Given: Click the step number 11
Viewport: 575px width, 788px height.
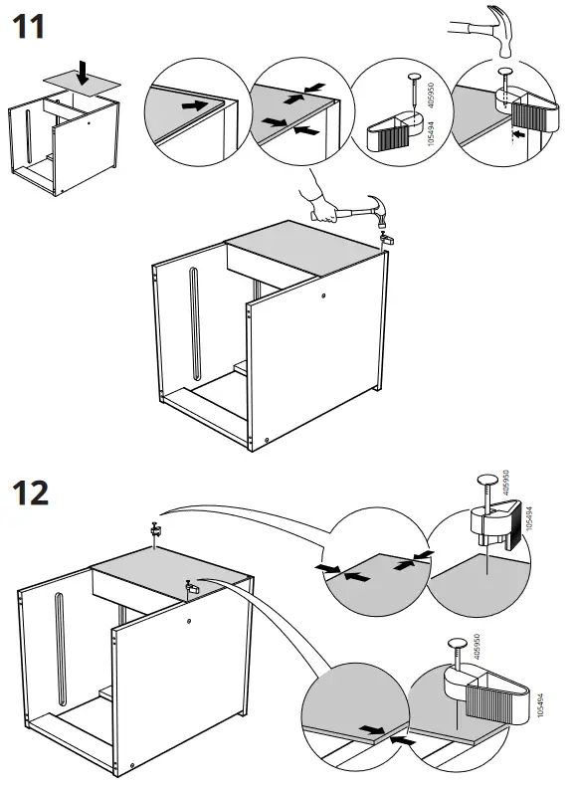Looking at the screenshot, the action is tap(28, 27).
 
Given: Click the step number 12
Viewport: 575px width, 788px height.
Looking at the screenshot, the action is tap(31, 493).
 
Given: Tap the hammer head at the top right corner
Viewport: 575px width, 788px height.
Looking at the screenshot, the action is tap(503, 30).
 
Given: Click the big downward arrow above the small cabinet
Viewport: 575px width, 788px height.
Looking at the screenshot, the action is tap(83, 73).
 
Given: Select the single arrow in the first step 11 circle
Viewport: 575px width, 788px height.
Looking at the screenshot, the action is tap(195, 105).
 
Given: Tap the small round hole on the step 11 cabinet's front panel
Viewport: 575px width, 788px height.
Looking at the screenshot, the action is tap(324, 295).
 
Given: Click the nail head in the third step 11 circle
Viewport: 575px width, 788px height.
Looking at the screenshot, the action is tap(414, 77).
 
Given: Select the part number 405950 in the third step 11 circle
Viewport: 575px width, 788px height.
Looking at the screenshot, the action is tap(430, 96).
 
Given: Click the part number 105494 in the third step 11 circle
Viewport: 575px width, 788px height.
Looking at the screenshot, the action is tap(430, 133).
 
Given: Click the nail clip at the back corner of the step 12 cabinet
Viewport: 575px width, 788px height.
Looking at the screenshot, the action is tap(156, 530).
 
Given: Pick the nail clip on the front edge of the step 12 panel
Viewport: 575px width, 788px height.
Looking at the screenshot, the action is tap(190, 587).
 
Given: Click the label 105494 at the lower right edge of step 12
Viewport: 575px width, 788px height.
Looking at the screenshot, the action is tap(540, 705).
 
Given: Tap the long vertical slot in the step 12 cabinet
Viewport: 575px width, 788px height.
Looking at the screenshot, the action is tap(60, 650).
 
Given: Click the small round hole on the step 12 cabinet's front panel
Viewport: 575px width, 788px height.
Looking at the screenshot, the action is tap(189, 621).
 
